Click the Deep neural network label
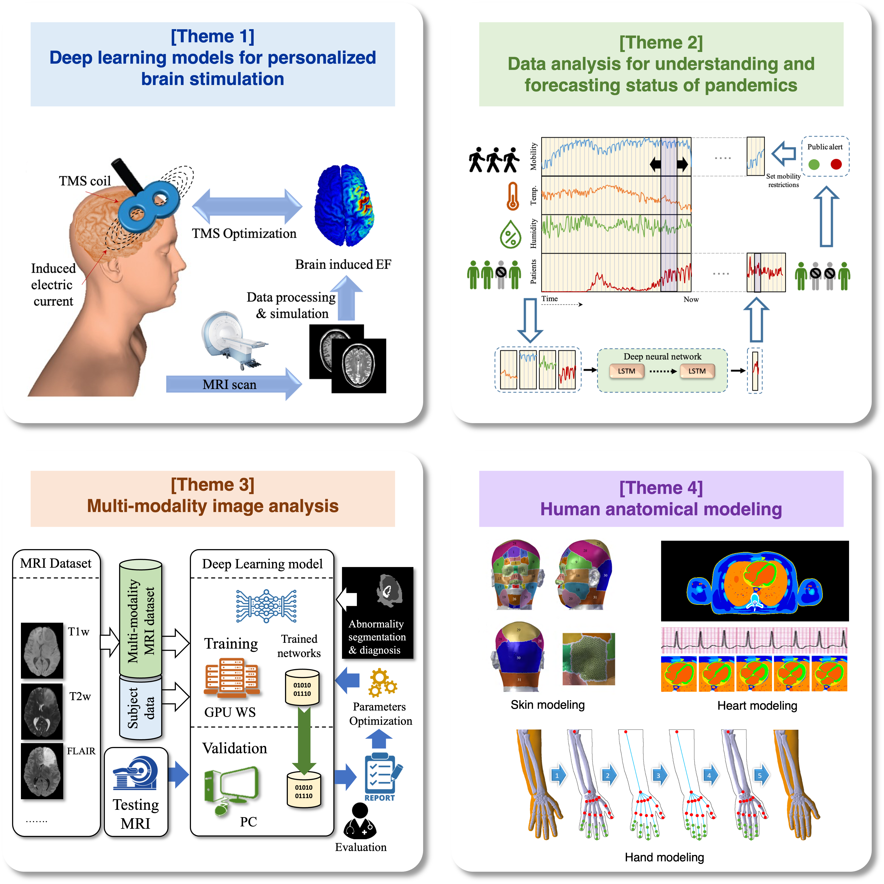(662, 356)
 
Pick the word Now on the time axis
(691, 299)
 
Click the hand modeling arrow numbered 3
(659, 775)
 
